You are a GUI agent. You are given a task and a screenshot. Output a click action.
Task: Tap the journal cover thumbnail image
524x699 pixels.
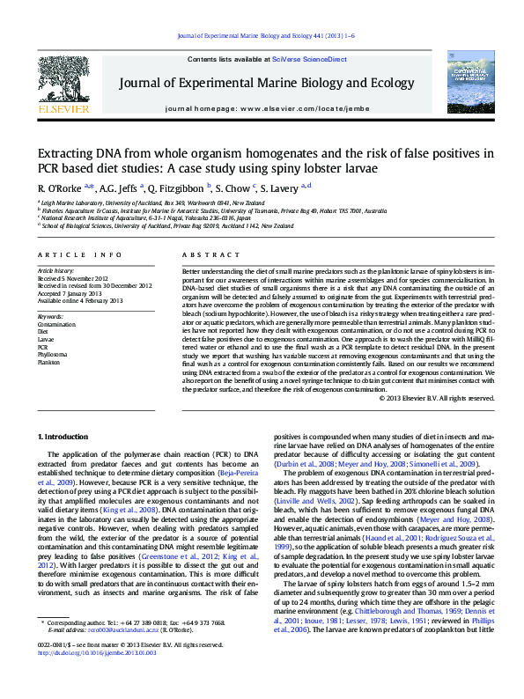pyautogui.click(x=468, y=80)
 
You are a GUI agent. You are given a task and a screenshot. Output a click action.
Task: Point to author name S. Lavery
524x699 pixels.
pyautogui.click(x=279, y=188)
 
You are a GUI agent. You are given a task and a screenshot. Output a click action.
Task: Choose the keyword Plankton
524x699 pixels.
pyautogui.click(x=48, y=361)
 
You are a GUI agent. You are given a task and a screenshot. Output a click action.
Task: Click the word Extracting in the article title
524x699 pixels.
pyautogui.click(x=69, y=153)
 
